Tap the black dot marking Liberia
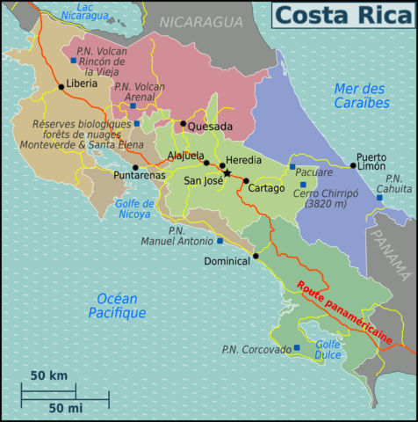coord(61,86)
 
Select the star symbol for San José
coord(227,173)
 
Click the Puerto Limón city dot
coord(353,165)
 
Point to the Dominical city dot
coord(256,257)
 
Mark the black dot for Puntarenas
coord(135,167)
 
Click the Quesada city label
coord(211,127)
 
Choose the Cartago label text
coord(267,188)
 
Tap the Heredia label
coord(244,161)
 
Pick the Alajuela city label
coord(185,156)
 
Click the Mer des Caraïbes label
coord(361,96)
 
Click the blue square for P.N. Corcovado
coord(297,348)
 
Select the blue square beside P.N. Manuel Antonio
coord(220,240)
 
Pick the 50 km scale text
coord(49,375)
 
